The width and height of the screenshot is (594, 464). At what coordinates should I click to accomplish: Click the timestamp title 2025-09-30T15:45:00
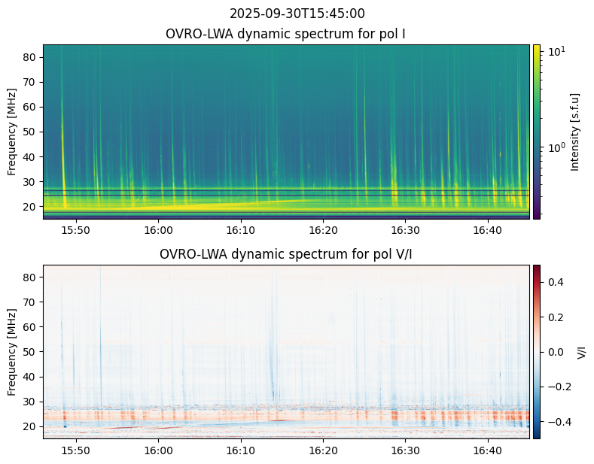297,14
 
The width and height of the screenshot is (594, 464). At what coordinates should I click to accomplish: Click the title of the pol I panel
287,34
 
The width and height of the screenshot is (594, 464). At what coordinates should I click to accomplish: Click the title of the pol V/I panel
286,254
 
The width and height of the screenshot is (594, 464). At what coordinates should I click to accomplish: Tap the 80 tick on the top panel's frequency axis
32,57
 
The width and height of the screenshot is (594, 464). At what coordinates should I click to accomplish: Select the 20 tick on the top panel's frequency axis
32,206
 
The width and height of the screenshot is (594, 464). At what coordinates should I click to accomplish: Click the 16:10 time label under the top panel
240,229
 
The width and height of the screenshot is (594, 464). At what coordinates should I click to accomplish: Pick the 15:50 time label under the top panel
76,229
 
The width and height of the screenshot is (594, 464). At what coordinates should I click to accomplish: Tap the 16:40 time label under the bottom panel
487,449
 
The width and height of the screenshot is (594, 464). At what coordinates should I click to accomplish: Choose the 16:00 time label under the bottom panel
158,449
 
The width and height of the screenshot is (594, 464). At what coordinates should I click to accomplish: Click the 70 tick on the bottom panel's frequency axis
32,302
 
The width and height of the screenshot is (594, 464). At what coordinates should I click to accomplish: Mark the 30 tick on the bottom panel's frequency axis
32,402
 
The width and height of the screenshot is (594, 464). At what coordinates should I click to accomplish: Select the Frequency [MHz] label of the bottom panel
12,352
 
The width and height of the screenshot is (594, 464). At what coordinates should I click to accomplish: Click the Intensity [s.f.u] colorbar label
576,132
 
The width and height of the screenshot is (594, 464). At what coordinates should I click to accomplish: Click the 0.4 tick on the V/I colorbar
554,281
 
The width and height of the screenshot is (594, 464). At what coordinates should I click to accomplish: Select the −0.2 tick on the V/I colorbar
558,387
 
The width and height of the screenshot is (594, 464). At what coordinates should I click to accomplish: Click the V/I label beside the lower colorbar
581,351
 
